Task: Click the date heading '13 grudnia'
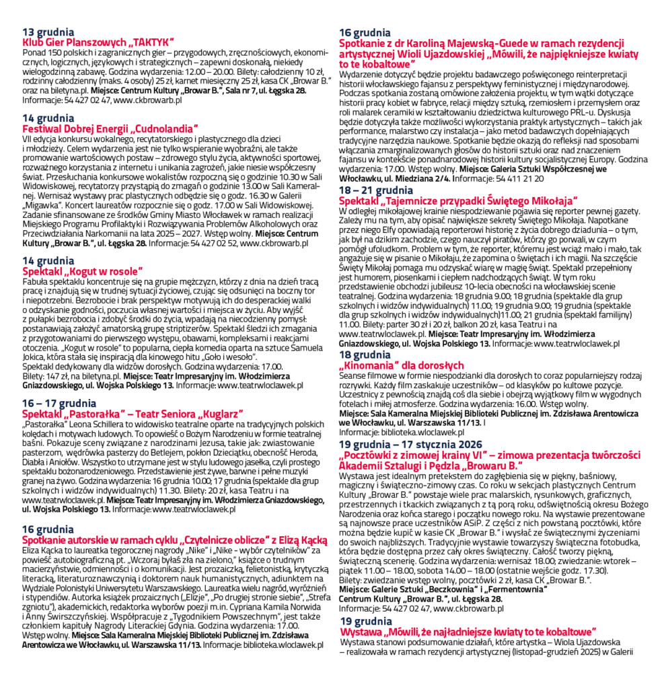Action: (48, 32)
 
